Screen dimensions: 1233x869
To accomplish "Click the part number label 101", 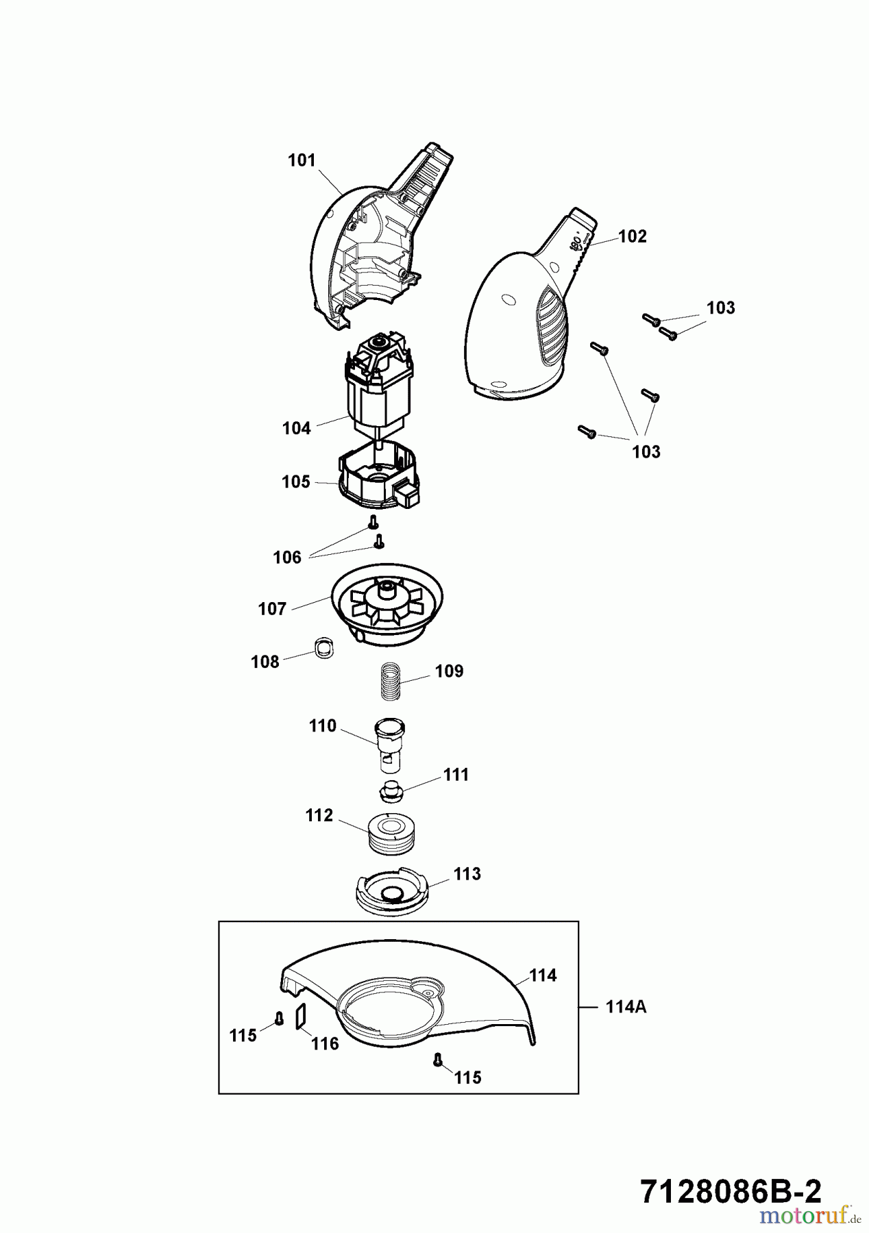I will (x=302, y=160).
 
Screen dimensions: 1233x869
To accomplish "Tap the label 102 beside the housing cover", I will (x=632, y=236).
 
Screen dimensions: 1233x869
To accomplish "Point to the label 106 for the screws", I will (x=287, y=558).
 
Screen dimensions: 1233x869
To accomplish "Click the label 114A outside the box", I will (x=626, y=1007).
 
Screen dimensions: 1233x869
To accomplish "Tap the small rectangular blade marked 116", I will (x=300, y=1017).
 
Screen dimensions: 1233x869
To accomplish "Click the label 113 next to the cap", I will (x=467, y=874).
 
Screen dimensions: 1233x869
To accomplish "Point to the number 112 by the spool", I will (x=319, y=815).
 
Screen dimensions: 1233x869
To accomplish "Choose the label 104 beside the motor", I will (x=296, y=428).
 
